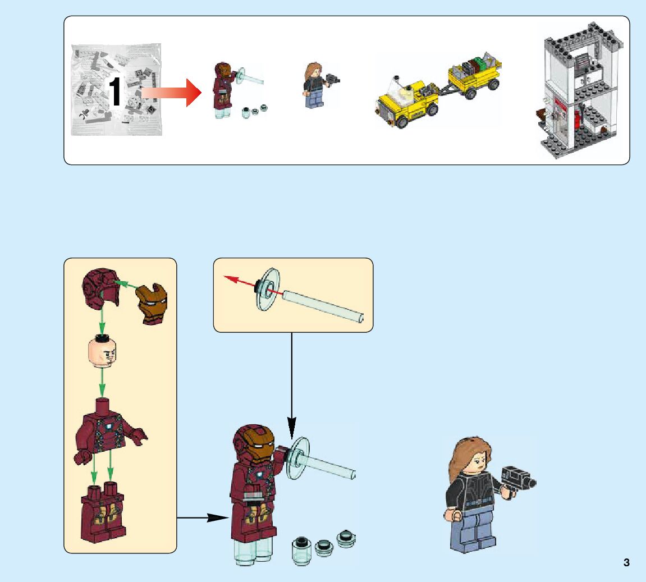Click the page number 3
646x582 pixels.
pos(626,562)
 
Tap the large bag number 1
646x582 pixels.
pos(114,92)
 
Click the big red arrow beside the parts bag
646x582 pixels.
pos(171,93)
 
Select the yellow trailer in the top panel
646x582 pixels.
pos(474,73)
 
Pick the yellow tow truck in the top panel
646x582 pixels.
pos(406,104)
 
